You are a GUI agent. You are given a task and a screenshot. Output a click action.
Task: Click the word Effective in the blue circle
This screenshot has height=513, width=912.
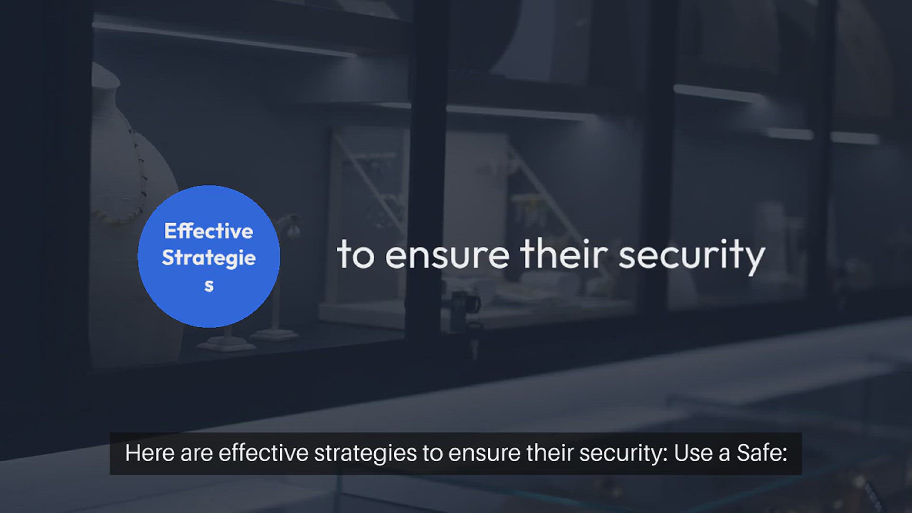pyautogui.click(x=209, y=231)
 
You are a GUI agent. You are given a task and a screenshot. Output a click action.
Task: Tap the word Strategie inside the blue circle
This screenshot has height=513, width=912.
pyautogui.click(x=209, y=258)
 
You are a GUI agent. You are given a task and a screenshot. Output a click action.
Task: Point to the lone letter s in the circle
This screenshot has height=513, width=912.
pyautogui.click(x=209, y=285)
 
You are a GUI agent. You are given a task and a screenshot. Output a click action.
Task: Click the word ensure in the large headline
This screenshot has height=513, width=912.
pyautogui.click(x=447, y=255)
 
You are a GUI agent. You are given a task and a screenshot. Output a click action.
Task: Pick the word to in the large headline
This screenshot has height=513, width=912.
pyautogui.click(x=356, y=255)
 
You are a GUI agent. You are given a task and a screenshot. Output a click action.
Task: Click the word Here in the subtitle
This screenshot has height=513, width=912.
pyautogui.click(x=149, y=453)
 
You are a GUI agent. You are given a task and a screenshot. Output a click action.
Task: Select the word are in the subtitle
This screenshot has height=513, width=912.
pyautogui.click(x=196, y=454)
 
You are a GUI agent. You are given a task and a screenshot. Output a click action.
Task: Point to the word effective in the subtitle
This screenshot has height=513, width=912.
pyautogui.click(x=264, y=453)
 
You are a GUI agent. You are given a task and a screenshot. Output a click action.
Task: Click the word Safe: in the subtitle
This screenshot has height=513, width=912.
pyautogui.click(x=761, y=453)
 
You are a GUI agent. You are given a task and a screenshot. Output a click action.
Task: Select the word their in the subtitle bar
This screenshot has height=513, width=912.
pyautogui.click(x=549, y=453)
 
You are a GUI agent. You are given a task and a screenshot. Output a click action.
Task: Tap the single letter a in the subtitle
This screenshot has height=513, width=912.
pyautogui.click(x=724, y=454)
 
